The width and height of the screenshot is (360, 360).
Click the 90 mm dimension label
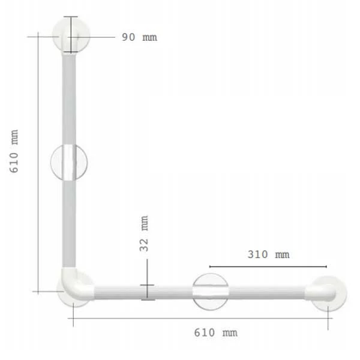click(139, 37)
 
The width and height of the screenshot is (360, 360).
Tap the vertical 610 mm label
click(14, 152)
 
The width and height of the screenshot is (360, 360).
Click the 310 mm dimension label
click(268, 254)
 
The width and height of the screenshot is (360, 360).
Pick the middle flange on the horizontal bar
click(210, 292)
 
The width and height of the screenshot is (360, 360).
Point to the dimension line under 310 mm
click(268, 266)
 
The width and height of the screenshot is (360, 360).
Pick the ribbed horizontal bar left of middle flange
click(144, 292)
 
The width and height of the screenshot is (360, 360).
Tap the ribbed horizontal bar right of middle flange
click(267, 292)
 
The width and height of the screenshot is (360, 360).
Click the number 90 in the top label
click(128, 37)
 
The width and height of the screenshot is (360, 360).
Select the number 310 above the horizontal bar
click(258, 254)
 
